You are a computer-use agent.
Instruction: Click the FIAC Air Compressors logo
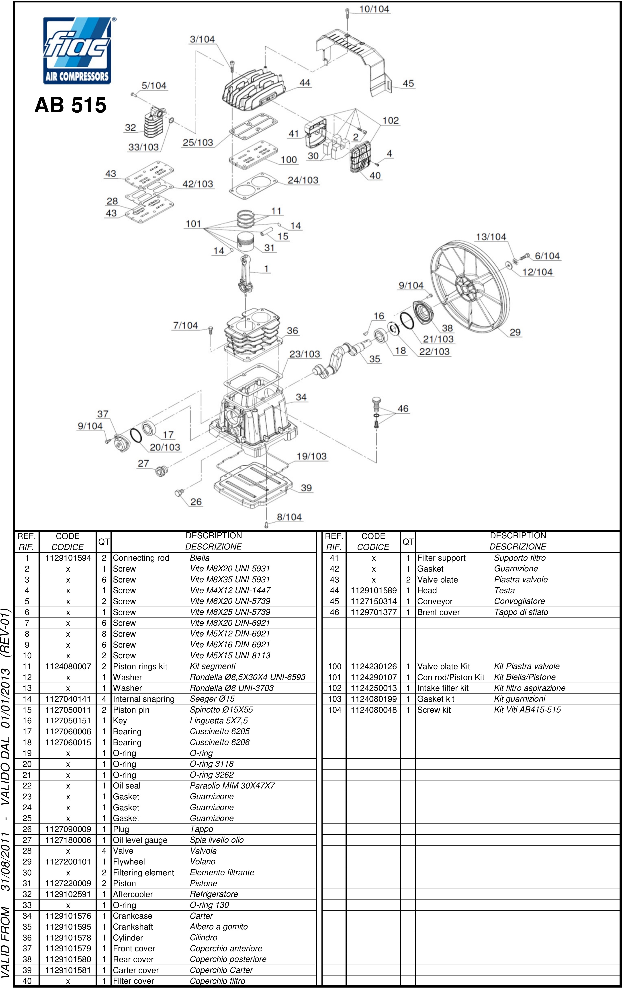click(77, 50)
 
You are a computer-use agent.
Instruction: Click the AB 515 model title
click(71, 105)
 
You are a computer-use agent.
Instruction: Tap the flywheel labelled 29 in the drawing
click(469, 287)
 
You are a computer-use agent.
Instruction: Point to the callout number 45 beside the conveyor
click(408, 83)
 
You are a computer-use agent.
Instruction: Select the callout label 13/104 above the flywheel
click(491, 237)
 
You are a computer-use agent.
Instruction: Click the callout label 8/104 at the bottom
click(289, 517)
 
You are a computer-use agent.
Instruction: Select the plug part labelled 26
click(179, 492)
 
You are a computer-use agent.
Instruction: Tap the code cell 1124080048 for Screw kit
click(374, 710)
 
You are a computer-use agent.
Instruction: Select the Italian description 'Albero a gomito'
click(219, 926)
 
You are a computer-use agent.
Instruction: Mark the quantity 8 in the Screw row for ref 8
click(104, 634)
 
